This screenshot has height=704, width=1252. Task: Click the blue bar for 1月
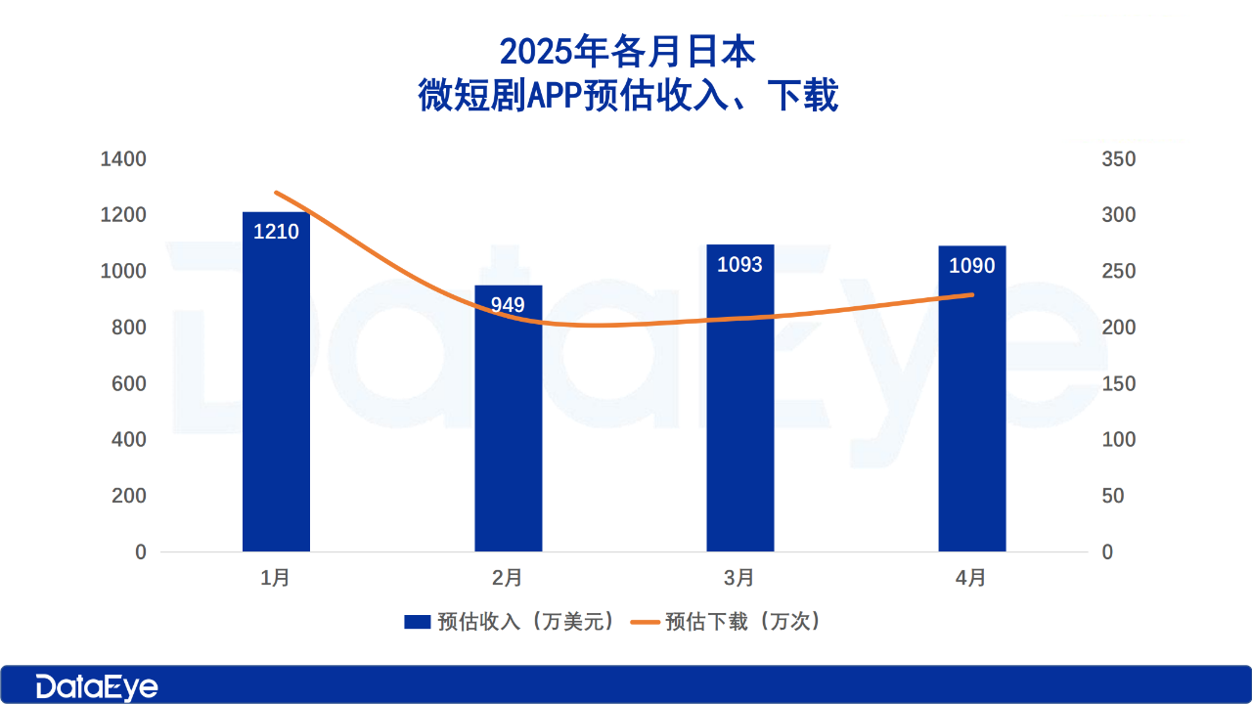[276, 391]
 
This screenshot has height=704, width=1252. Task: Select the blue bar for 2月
[508, 430]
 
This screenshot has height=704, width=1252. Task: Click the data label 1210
[276, 233]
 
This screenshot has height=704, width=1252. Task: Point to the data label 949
[508, 305]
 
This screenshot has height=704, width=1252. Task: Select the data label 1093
[739, 265]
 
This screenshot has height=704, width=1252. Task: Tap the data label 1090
[971, 266]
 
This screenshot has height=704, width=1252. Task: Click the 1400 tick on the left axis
[123, 159]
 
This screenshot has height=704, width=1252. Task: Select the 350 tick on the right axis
[1119, 159]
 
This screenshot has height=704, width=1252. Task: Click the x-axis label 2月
[508, 578]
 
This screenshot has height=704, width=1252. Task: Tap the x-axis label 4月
[971, 578]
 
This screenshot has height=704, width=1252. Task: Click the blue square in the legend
[418, 622]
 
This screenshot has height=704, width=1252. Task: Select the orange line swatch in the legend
[645, 622]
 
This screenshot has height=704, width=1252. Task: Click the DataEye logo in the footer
[97, 686]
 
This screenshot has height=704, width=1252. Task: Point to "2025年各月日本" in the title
[627, 51]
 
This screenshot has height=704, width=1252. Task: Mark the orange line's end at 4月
[972, 294]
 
